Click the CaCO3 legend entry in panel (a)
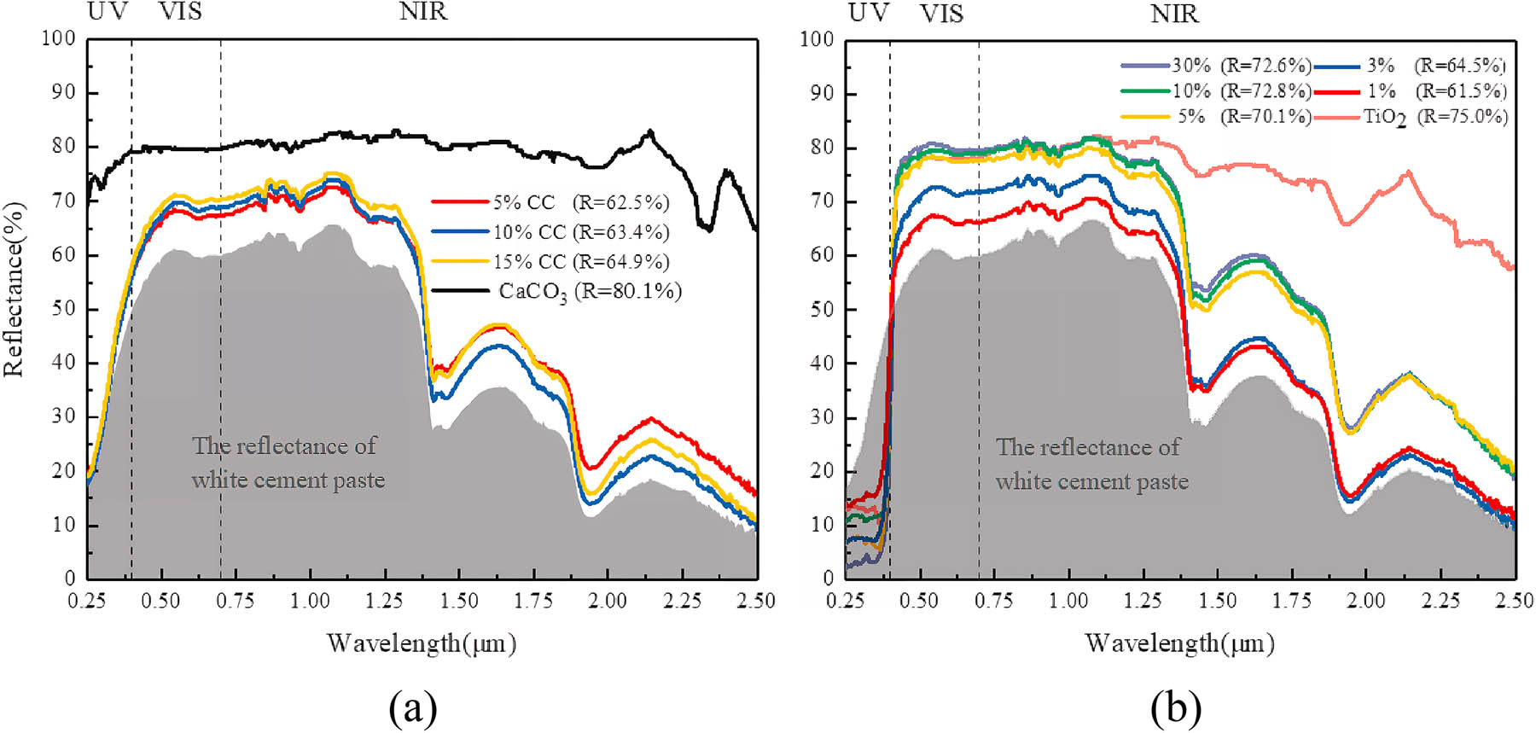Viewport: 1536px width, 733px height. [589, 292]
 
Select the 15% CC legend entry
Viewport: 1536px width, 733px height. [580, 262]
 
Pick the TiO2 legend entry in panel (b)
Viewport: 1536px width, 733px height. [1434, 117]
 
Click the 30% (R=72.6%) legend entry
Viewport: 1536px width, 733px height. [1241, 66]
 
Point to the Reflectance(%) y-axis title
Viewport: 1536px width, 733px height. [15, 290]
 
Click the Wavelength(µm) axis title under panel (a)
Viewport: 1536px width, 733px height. [422, 643]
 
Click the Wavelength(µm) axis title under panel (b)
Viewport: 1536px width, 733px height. [1179, 643]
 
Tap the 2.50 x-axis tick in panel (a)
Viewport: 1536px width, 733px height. [756, 601]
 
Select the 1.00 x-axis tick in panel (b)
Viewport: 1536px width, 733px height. [1068, 601]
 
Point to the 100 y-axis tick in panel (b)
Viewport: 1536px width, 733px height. [817, 39]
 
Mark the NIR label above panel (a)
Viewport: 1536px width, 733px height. [423, 12]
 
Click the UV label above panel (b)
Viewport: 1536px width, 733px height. [868, 13]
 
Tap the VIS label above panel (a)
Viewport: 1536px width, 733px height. [180, 12]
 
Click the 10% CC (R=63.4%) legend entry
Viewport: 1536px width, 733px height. [580, 232]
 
